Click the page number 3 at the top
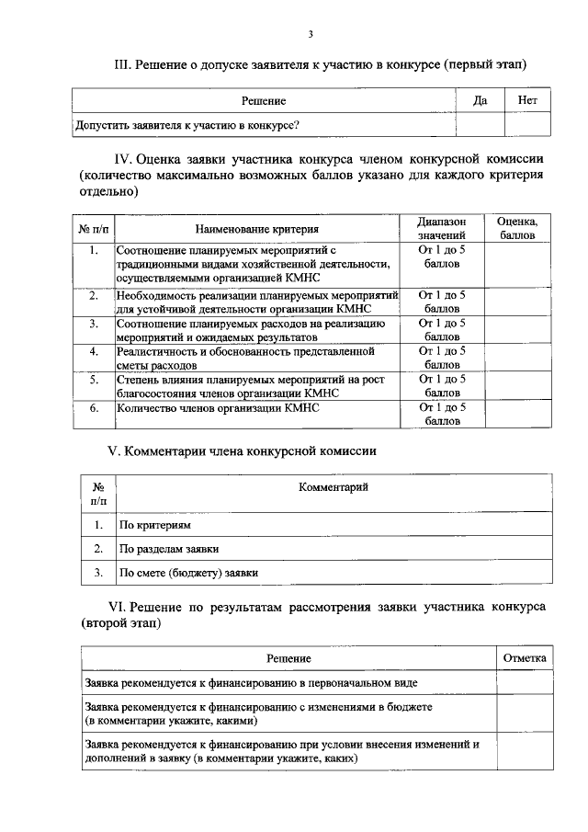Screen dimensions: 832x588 tap(311, 35)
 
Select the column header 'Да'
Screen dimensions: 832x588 tap(479, 100)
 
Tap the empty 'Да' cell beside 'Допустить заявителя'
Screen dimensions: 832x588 tap(479, 124)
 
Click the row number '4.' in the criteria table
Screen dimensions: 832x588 tap(93, 352)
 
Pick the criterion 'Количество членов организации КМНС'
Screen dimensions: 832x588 tap(217, 407)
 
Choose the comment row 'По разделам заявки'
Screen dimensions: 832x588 tap(169, 549)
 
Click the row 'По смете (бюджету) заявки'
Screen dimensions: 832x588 tap(188, 573)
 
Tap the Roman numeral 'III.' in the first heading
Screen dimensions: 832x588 tap(123, 64)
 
